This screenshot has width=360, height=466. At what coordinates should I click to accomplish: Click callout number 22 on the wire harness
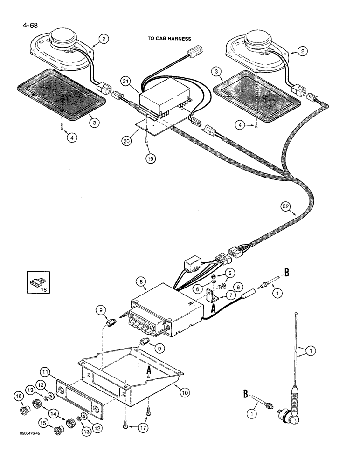[x=288, y=206]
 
